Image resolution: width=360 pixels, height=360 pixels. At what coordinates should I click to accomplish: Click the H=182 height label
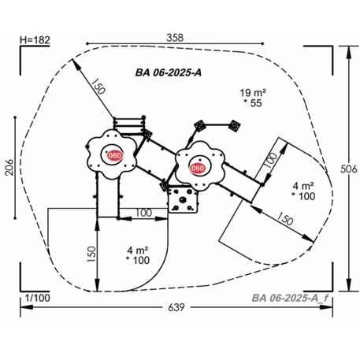click(35, 40)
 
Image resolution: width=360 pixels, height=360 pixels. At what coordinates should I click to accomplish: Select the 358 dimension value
click(175, 38)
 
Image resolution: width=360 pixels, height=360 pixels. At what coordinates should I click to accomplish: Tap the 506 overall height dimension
click(349, 169)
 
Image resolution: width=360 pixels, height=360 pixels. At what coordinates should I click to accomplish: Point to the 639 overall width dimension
click(176, 307)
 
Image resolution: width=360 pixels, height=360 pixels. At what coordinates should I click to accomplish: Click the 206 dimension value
click(9, 167)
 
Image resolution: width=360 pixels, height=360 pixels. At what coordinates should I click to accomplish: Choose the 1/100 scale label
click(38, 298)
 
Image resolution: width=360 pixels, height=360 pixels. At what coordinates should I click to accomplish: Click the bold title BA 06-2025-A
click(169, 72)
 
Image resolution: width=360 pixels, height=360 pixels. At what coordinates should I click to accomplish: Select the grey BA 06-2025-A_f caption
click(290, 298)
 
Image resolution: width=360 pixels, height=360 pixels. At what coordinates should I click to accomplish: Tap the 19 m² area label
click(253, 93)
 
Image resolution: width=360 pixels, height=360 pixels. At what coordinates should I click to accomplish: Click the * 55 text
click(253, 103)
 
